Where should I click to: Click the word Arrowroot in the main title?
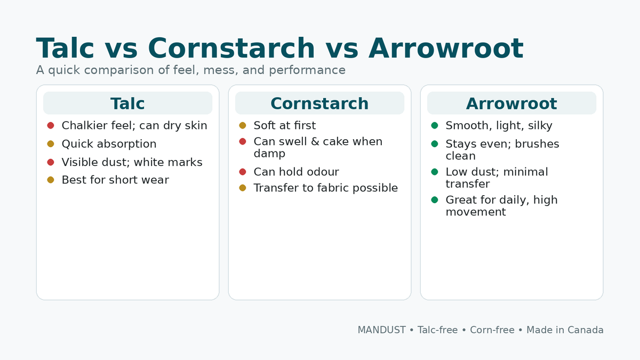[445, 49]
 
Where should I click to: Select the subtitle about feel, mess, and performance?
[190, 70]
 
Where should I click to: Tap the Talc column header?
[127, 103]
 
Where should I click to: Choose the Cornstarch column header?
[319, 103]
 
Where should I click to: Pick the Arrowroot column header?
[511, 103]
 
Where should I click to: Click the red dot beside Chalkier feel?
[51, 125]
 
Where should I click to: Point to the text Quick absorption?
[109, 144]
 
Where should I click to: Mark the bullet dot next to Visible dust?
[51, 162]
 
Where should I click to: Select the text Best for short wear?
[115, 180]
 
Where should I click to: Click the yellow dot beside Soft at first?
[243, 125]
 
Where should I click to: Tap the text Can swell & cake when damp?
[318, 147]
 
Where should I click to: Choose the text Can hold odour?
[296, 172]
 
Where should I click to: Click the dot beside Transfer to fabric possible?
[243, 188]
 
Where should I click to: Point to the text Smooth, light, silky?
[499, 125]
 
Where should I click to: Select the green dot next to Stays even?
[435, 143]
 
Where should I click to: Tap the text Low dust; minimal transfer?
[497, 178]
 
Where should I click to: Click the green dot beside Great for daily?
[435, 199]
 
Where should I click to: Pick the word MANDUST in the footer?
[381, 330]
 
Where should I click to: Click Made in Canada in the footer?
[565, 330]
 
